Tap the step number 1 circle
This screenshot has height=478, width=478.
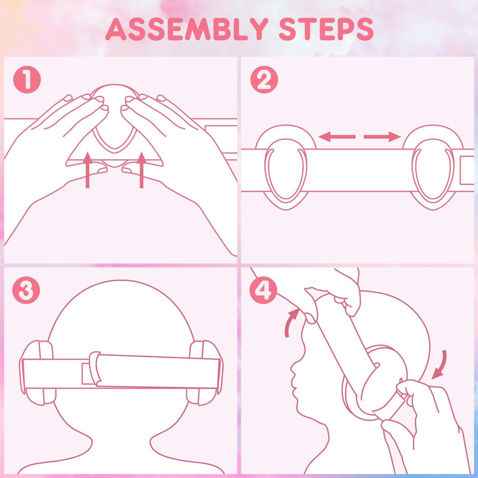pos(27,80)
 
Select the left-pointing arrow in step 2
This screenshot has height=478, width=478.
pos(337,137)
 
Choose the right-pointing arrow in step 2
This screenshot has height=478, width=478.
pos(382,137)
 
